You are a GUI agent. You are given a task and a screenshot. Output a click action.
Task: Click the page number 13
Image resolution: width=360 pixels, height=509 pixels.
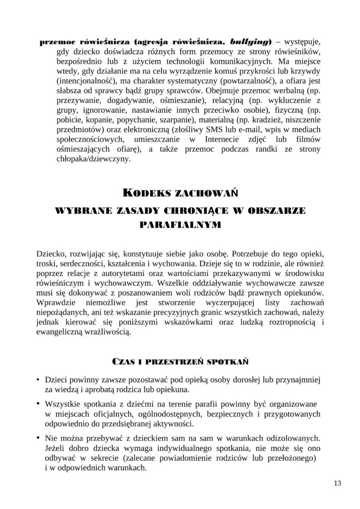(x=338, y=483)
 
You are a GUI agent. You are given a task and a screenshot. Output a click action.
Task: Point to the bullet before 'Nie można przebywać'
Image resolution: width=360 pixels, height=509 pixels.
(x=38, y=437)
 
